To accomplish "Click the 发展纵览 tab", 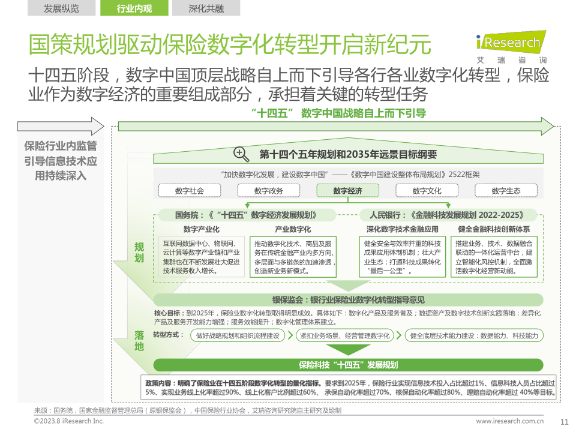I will click(61, 8).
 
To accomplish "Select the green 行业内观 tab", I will click(134, 8).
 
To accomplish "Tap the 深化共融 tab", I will click(206, 8).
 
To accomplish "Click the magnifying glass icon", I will click(241, 154).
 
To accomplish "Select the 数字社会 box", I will click(190, 191).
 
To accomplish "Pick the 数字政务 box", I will click(269, 191).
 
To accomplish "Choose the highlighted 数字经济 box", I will click(348, 191).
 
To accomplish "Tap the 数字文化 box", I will click(427, 191).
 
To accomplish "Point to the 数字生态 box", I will click(506, 191).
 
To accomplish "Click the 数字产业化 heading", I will click(202, 229).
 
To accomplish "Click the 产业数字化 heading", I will click(293, 229).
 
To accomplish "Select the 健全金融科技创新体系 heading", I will click(494, 229).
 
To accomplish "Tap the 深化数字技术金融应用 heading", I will click(403, 229).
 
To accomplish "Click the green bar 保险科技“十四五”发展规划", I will click(349, 365).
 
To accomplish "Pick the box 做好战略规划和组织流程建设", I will click(239, 336).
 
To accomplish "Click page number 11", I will click(564, 421).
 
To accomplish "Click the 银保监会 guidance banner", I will click(349, 300).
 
